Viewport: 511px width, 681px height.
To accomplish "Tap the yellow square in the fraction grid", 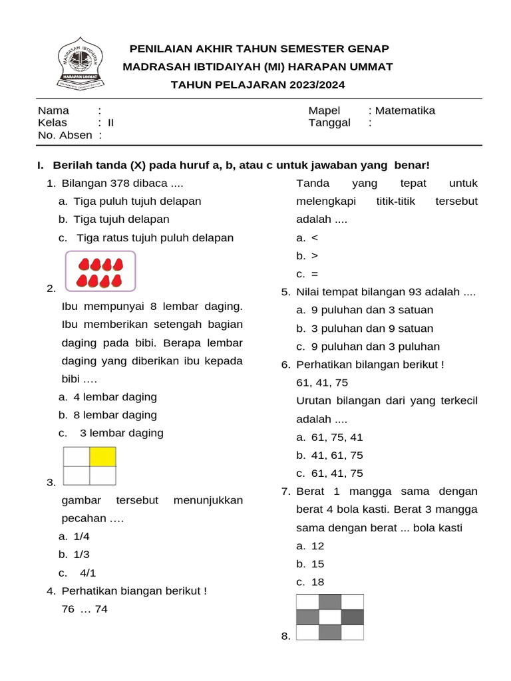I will click(x=102, y=457).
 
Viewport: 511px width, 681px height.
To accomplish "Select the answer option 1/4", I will click(x=81, y=536).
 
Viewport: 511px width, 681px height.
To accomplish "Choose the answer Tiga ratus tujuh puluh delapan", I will click(x=155, y=237).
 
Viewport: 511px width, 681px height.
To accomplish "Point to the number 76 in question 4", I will click(x=68, y=609).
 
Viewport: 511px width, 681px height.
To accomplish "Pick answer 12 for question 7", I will click(x=317, y=546).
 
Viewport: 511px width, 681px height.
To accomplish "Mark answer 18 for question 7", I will click(x=317, y=582).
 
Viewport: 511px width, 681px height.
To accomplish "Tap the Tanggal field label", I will click(x=329, y=123).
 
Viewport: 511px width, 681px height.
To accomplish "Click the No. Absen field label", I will click(x=65, y=135).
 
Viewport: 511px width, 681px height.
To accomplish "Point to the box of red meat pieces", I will click(x=100, y=271).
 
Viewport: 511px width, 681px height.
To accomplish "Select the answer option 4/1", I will click(x=88, y=573).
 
